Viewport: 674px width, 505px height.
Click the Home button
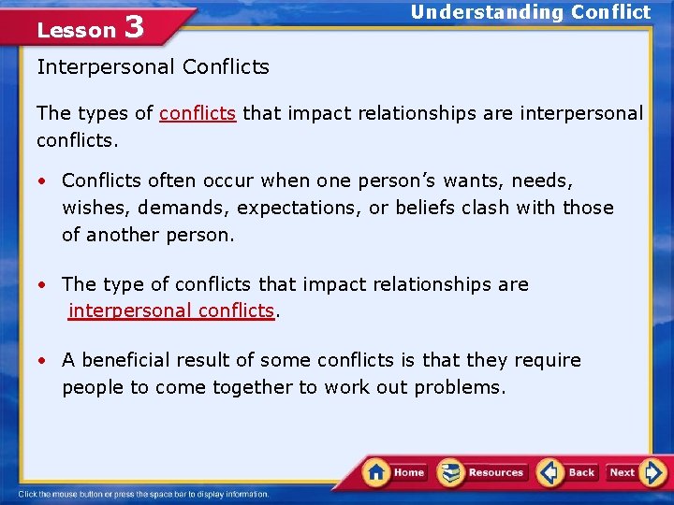click(x=395, y=472)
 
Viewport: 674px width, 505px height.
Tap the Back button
click(x=567, y=472)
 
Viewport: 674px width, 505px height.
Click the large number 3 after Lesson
click(x=133, y=26)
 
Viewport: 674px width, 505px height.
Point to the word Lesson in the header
click(x=76, y=30)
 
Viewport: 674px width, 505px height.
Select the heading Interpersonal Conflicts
click(x=153, y=67)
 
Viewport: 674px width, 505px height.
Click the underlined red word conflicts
click(x=198, y=114)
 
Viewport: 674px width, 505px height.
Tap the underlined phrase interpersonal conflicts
click(x=171, y=310)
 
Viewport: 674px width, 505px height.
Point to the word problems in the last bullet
click(x=460, y=387)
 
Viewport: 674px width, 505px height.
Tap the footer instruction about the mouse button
click(x=143, y=495)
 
